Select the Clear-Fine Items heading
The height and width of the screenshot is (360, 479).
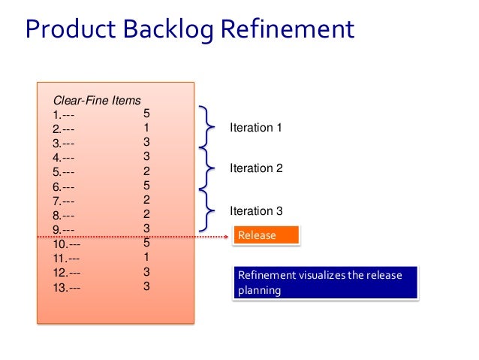pos(96,100)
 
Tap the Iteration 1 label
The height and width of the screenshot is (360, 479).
pos(255,128)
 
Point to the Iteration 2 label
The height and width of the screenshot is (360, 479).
pos(255,168)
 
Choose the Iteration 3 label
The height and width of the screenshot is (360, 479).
pos(255,211)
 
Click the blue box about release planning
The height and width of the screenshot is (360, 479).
pos(324,283)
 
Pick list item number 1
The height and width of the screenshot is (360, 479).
pos(63,115)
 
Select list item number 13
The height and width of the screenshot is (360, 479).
pos(67,287)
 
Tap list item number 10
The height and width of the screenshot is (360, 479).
pos(67,244)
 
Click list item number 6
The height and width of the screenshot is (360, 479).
pos(63,186)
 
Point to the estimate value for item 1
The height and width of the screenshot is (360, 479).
pos(147,113)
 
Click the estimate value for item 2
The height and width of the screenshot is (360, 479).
pos(147,128)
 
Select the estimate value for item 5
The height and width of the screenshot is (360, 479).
pos(147,171)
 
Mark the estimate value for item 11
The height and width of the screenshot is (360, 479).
pos(147,257)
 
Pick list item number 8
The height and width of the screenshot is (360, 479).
pos(63,216)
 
